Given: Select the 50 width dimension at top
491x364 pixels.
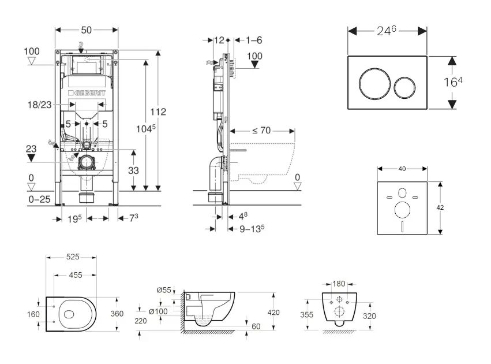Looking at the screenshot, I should click(x=87, y=29).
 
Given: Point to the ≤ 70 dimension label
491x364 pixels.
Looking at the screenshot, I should click(x=261, y=131).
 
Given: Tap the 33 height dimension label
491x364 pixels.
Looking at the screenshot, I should click(x=134, y=170).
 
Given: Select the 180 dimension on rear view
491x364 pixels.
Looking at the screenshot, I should click(x=339, y=283).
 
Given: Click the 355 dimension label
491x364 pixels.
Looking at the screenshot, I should click(x=307, y=315).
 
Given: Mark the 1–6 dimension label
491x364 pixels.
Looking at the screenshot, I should click(x=254, y=40).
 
